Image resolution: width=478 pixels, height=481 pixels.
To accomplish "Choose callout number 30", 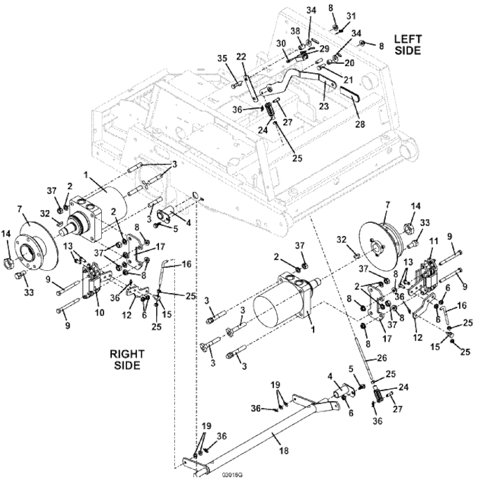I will click(280, 44).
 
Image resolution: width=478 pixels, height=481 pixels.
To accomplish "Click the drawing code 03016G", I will click(229, 476).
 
